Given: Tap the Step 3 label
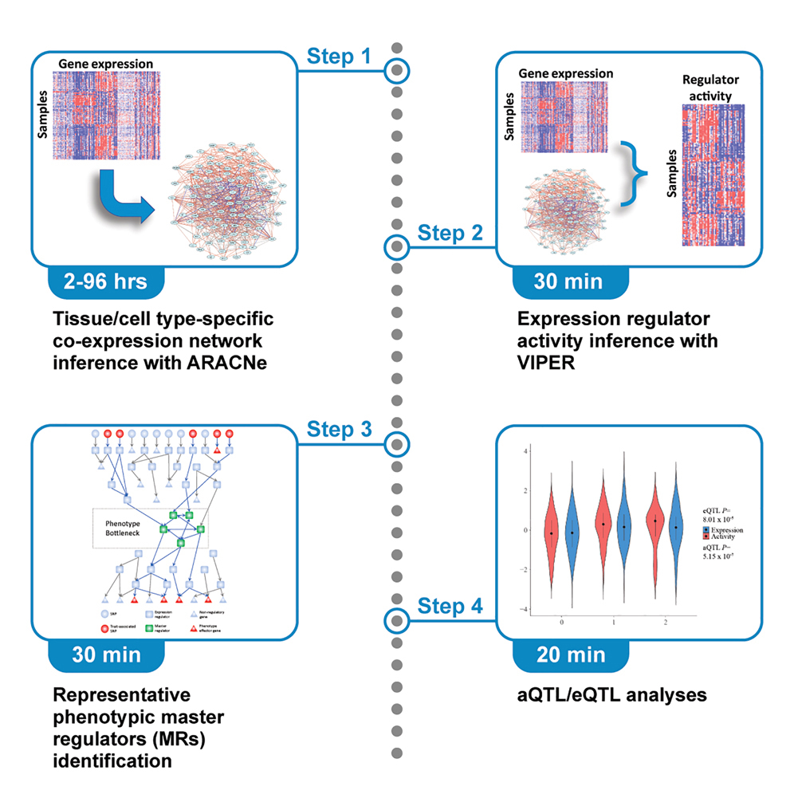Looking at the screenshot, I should (339, 430).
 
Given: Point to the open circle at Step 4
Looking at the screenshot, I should (396, 619).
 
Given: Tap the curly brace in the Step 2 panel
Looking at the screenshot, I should (631, 168).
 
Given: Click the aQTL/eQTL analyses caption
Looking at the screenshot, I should (611, 694).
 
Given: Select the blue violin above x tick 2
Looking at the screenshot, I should (676, 526).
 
